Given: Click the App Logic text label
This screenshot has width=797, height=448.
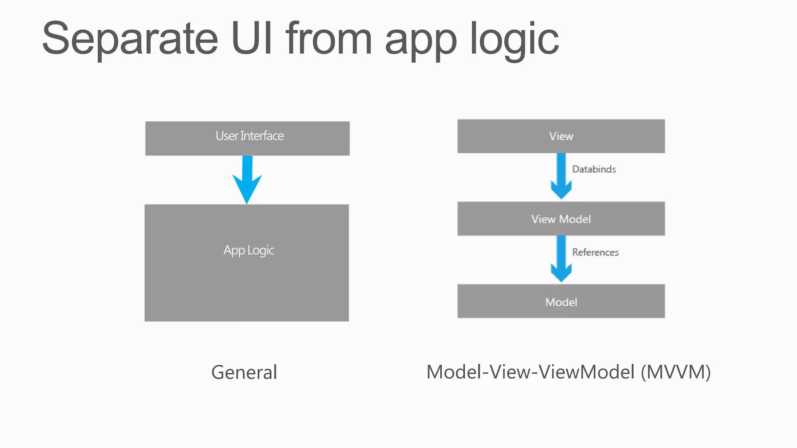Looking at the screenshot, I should [x=249, y=250].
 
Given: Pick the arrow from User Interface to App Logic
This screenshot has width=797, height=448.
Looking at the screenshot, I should [x=247, y=179].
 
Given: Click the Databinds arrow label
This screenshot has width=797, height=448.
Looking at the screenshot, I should [x=594, y=169].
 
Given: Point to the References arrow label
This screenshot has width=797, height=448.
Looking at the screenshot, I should [x=595, y=252].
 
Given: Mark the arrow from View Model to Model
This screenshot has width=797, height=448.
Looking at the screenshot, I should [x=561, y=259].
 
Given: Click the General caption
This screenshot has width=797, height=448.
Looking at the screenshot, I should [x=244, y=372].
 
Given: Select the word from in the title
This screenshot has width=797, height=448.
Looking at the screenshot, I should [x=329, y=39].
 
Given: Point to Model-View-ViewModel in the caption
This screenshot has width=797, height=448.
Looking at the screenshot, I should [x=531, y=372].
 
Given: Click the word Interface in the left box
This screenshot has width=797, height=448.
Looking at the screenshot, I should [x=262, y=136].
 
